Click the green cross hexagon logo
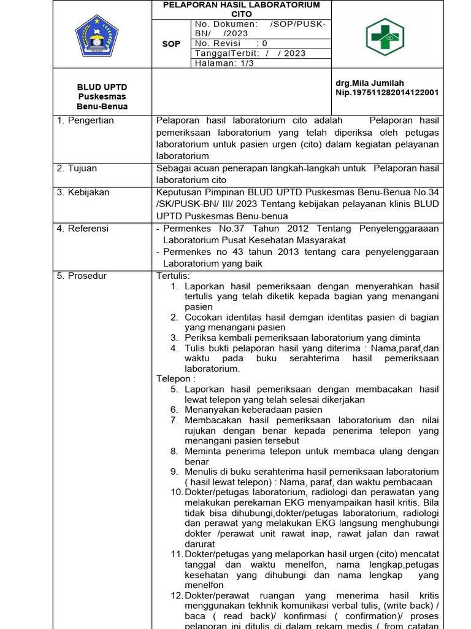click(385, 36)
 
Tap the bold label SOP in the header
click(171, 44)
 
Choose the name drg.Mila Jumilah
click(370, 83)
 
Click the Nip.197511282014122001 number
click(387, 93)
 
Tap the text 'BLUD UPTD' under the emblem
click(102, 87)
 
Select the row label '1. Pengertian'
click(85, 120)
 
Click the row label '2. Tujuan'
click(77, 168)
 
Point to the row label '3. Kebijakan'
click(83, 192)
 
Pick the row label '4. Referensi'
click(83, 229)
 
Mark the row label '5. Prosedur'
click(82, 276)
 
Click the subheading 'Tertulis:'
click(174, 276)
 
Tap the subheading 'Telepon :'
click(175, 379)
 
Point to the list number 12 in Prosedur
click(177, 596)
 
